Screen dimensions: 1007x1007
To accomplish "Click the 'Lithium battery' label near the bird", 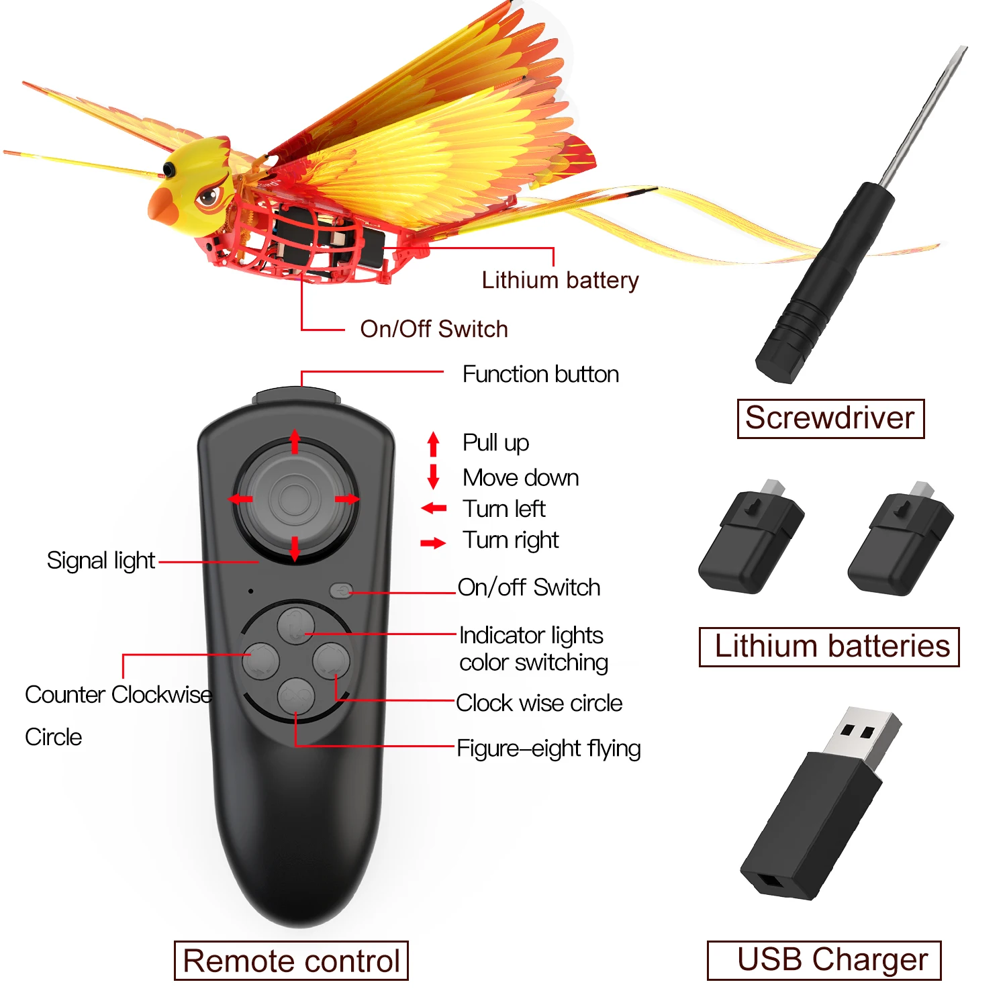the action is click(x=560, y=281).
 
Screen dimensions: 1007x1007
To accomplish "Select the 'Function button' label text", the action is click(x=540, y=374).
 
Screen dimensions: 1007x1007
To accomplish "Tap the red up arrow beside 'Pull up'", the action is click(x=434, y=444).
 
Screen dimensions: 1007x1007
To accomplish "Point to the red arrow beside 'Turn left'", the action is click(x=434, y=508).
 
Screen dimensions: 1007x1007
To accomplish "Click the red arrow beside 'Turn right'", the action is click(x=434, y=542).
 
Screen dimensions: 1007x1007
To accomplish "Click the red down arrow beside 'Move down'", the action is click(x=434, y=477).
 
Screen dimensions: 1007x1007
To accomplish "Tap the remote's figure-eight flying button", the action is click(x=296, y=697).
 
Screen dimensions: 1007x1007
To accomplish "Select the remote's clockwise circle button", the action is click(x=332, y=661).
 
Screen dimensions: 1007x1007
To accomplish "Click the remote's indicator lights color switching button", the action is click(x=296, y=626).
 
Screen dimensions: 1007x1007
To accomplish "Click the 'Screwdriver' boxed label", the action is click(x=830, y=419).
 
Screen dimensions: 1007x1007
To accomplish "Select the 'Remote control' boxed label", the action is click(x=291, y=961).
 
